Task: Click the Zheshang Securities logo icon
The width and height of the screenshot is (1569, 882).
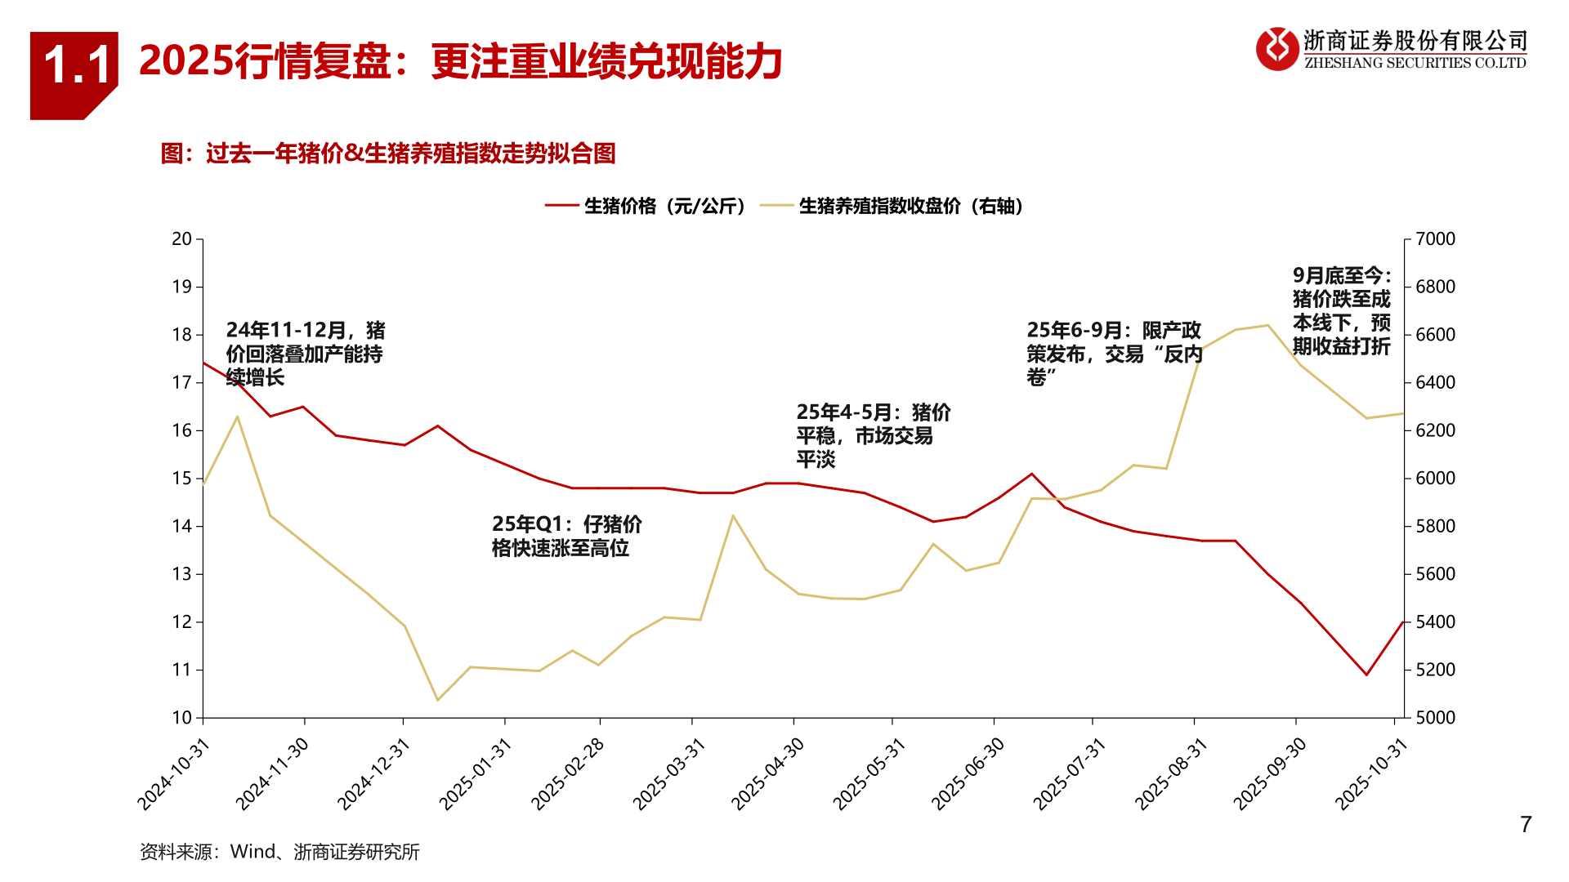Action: pos(1276,49)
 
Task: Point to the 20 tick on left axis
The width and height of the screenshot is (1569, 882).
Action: pos(181,239)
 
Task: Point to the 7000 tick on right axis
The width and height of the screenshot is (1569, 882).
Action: pos(1435,239)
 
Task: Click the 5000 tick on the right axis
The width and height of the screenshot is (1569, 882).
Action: pos(1435,718)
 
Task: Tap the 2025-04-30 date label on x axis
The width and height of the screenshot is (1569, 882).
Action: pos(768,773)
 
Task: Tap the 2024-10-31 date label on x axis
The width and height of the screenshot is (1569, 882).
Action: pos(174,773)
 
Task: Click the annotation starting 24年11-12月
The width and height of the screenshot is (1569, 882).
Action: pos(305,354)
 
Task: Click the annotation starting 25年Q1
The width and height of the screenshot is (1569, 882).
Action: pos(565,536)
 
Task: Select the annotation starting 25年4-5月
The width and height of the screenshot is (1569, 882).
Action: pos(872,435)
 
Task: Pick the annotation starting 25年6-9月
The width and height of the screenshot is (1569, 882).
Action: pos(1114,354)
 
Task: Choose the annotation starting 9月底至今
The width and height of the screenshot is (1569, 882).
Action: pos(1341,311)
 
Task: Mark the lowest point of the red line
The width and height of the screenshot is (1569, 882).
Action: pos(1366,675)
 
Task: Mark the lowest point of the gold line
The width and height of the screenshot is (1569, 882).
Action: pos(437,700)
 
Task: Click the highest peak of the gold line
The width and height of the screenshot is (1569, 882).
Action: pos(1267,326)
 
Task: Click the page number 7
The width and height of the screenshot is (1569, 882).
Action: pos(1525,825)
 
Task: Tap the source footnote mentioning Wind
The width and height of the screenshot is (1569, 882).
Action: pos(279,852)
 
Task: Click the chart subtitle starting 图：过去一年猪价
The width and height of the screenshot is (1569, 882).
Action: pos(388,154)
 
